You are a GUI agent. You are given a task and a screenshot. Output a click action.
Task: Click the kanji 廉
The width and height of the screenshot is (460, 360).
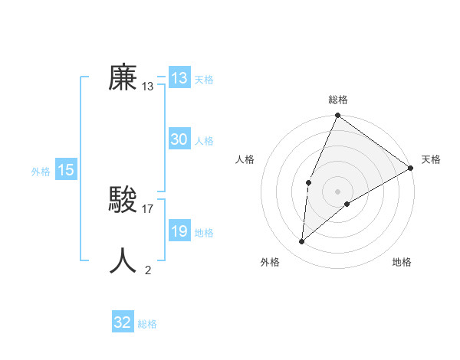click(123, 77)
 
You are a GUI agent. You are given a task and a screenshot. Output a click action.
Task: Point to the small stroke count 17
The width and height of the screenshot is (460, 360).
click(149, 208)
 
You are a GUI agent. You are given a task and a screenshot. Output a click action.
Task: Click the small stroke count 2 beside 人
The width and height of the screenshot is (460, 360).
click(148, 270)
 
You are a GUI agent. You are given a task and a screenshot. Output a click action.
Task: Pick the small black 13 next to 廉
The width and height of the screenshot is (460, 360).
click(148, 87)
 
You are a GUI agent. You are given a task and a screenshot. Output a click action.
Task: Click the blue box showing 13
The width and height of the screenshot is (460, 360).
click(179, 78)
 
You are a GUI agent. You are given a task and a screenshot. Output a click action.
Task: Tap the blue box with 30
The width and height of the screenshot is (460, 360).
click(179, 139)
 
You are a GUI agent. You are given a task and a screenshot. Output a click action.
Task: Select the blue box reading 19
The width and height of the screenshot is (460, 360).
click(179, 231)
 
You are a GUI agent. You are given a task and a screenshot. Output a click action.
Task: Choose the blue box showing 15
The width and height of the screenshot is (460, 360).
click(66, 171)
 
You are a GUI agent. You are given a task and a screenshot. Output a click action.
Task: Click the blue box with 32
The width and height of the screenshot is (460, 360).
click(123, 322)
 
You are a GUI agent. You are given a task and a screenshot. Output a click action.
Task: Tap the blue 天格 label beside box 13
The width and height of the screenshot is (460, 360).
click(204, 79)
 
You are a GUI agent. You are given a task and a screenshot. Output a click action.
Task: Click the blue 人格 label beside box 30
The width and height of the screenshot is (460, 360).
click(204, 140)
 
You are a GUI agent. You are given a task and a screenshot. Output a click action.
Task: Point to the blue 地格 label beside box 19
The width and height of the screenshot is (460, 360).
click(204, 232)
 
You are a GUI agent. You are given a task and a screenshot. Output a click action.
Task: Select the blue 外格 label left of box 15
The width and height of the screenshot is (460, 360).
click(41, 172)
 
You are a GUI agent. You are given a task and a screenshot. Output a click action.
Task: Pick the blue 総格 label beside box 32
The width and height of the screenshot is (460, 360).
click(147, 323)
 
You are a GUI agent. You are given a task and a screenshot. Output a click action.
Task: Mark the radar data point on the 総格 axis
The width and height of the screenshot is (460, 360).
click(337, 116)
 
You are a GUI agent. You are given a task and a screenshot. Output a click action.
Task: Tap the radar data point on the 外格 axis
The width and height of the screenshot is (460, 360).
click(302, 241)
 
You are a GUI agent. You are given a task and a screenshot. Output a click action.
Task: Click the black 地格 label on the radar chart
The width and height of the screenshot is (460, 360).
click(402, 262)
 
